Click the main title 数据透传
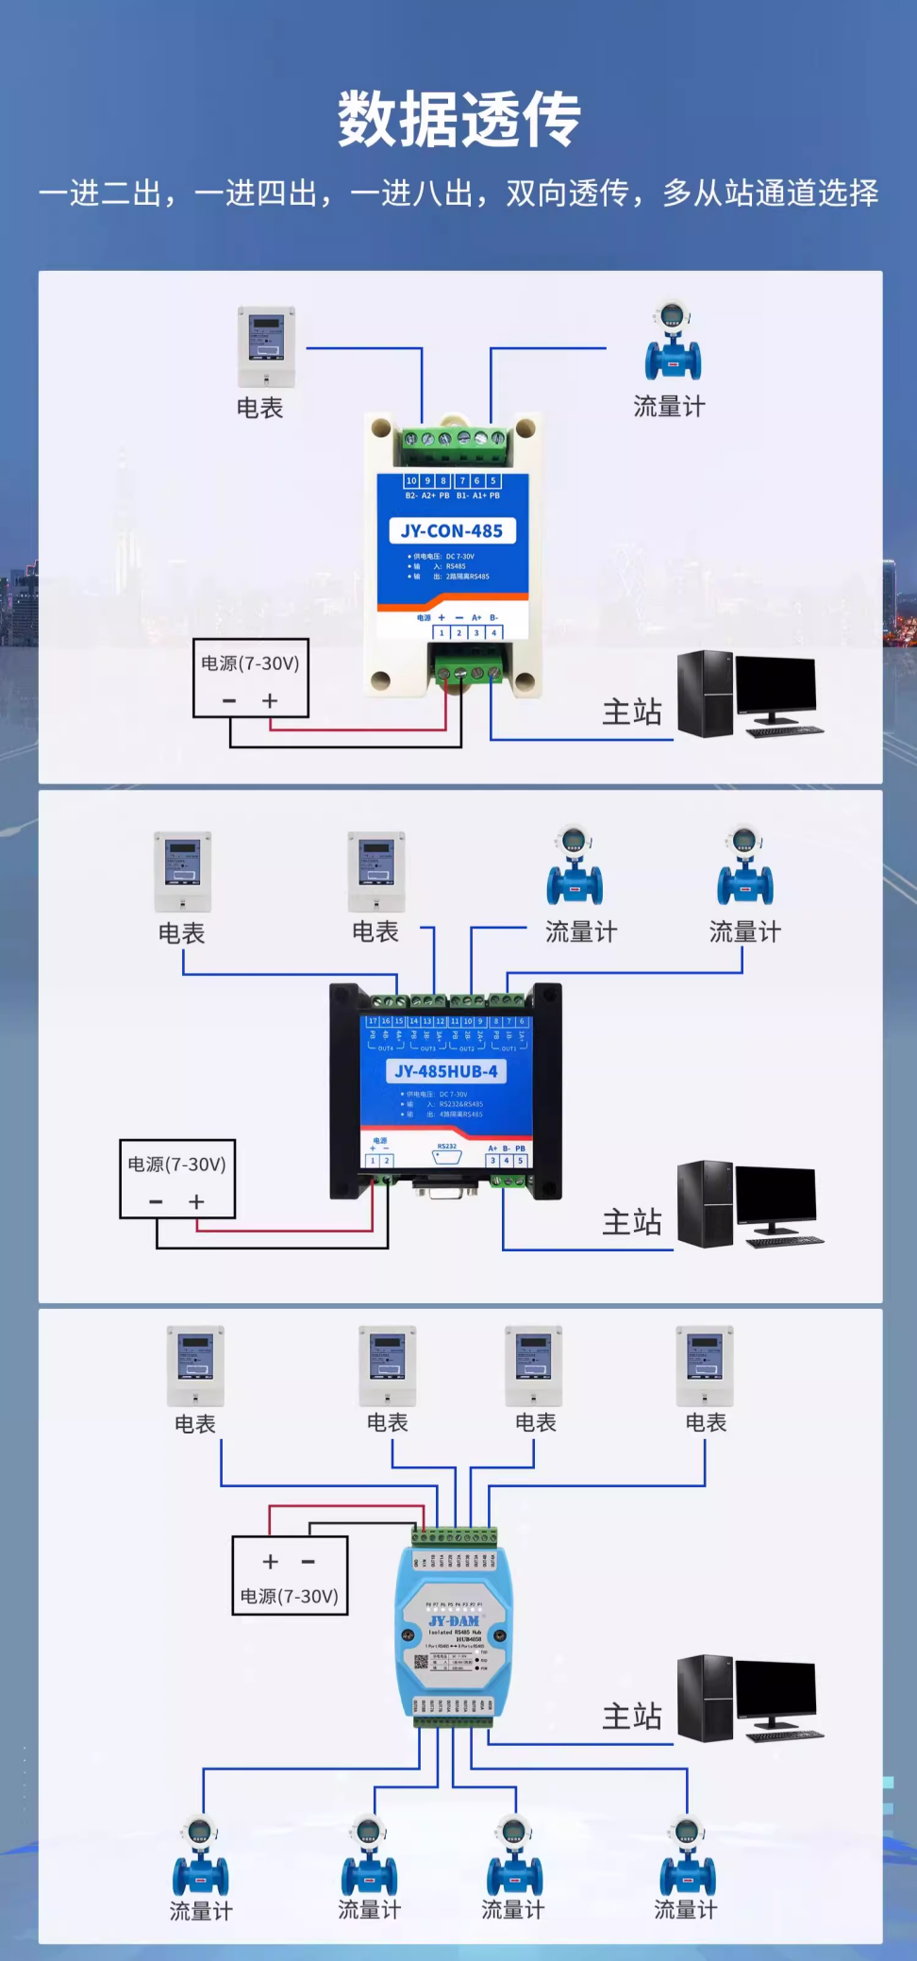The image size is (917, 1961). (458, 120)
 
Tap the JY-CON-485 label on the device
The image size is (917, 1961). (452, 530)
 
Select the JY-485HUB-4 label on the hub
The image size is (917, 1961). (446, 1071)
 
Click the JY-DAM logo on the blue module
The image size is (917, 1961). (454, 1620)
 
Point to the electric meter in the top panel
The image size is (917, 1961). (266, 346)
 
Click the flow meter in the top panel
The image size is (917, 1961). (673, 342)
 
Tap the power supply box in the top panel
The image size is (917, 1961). (251, 679)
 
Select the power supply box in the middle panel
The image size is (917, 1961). (177, 1179)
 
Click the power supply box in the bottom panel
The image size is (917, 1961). (290, 1575)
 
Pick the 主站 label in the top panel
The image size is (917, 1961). (632, 712)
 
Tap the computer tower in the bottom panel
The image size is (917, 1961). (705, 1698)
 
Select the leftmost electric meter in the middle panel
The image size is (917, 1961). (183, 871)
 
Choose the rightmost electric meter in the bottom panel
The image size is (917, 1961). (705, 1366)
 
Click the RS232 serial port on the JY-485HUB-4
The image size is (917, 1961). (447, 1157)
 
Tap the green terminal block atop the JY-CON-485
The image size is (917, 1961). (453, 439)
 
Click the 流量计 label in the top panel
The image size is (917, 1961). (669, 407)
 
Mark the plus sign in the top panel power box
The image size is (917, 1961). (270, 700)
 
